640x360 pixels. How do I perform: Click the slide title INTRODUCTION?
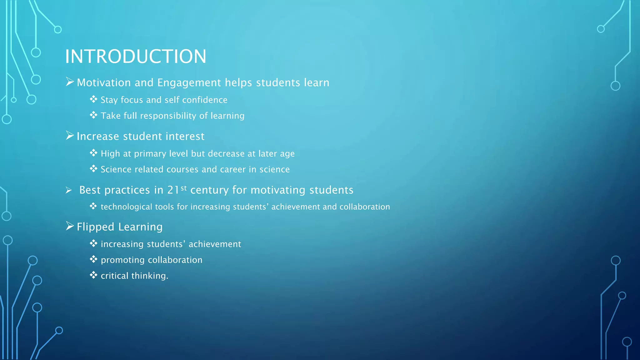(136, 57)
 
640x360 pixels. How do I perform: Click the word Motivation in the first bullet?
(104, 83)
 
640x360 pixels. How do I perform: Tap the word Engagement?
(189, 83)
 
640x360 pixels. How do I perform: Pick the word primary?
(150, 154)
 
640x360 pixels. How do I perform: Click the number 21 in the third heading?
(173, 190)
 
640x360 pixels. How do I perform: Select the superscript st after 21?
(184, 188)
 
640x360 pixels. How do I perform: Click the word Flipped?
(96, 227)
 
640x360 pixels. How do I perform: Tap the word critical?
(114, 276)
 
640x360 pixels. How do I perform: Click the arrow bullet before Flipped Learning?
(70, 226)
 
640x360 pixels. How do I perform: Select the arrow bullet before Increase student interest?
(70, 136)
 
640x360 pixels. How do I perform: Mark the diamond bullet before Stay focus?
(93, 99)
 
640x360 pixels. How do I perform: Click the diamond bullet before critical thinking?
(93, 275)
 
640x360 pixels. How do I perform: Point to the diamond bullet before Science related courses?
(93, 169)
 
